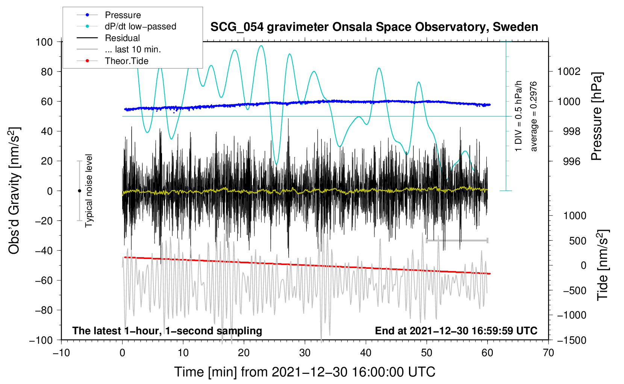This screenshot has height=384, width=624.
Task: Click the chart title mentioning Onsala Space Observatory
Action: (x=374, y=27)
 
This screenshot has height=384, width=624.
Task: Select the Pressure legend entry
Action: (x=109, y=15)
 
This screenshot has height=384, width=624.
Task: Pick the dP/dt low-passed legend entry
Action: (x=126, y=26)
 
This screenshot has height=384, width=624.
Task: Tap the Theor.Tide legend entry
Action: (x=112, y=61)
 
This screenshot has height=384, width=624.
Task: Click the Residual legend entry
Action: (x=108, y=38)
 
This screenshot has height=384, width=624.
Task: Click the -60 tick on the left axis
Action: (x=44, y=280)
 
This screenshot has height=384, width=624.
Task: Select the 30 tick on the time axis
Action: (x=305, y=353)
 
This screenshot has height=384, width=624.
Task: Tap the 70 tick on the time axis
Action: (x=548, y=353)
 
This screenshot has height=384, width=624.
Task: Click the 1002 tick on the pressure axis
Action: (x=569, y=72)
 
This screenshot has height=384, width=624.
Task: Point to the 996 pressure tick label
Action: (x=572, y=161)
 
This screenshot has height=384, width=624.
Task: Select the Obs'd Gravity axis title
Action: (x=14, y=190)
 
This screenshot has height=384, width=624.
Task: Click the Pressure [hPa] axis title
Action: (x=597, y=116)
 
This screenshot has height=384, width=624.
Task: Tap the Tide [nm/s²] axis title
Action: (x=603, y=265)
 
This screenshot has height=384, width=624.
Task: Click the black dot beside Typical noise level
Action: (x=79, y=191)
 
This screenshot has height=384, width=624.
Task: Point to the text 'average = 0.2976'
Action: (x=533, y=116)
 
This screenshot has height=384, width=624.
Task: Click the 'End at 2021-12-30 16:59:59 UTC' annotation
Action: (x=456, y=331)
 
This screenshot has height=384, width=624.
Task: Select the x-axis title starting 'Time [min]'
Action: (x=304, y=372)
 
